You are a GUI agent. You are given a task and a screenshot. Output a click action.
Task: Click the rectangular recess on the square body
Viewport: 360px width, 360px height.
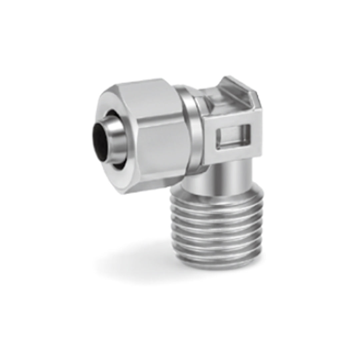pyautogui.click(x=233, y=136)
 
